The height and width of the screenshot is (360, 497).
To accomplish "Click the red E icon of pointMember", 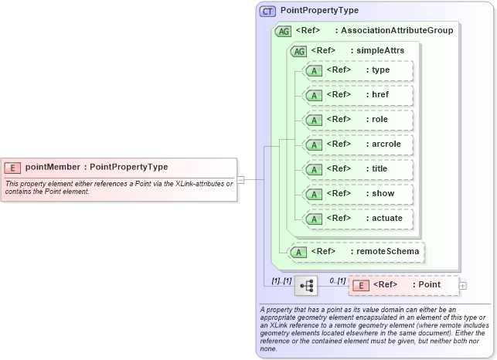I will click(13, 167).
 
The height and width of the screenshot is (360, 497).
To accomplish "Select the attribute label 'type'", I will click(380, 70).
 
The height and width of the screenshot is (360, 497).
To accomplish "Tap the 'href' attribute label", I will click(380, 95).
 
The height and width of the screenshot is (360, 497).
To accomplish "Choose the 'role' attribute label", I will click(380, 120).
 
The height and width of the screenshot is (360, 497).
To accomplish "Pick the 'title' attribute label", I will click(380, 169).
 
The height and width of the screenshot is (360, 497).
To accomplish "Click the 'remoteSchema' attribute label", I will click(386, 251).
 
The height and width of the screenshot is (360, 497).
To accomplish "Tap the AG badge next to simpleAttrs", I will click(298, 51).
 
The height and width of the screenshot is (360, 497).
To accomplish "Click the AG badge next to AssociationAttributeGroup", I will click(282, 31).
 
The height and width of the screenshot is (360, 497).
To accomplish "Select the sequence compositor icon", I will click(306, 285).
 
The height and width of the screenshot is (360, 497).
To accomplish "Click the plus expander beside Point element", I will click(463, 285).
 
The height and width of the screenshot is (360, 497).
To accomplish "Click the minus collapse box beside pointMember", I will click(240, 179).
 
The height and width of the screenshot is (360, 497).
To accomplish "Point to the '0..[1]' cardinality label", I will click(337, 280).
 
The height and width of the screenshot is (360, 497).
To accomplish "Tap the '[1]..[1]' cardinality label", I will click(281, 280).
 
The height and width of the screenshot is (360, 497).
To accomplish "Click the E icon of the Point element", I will click(360, 285).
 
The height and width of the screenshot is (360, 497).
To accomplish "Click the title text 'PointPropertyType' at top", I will click(319, 11).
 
